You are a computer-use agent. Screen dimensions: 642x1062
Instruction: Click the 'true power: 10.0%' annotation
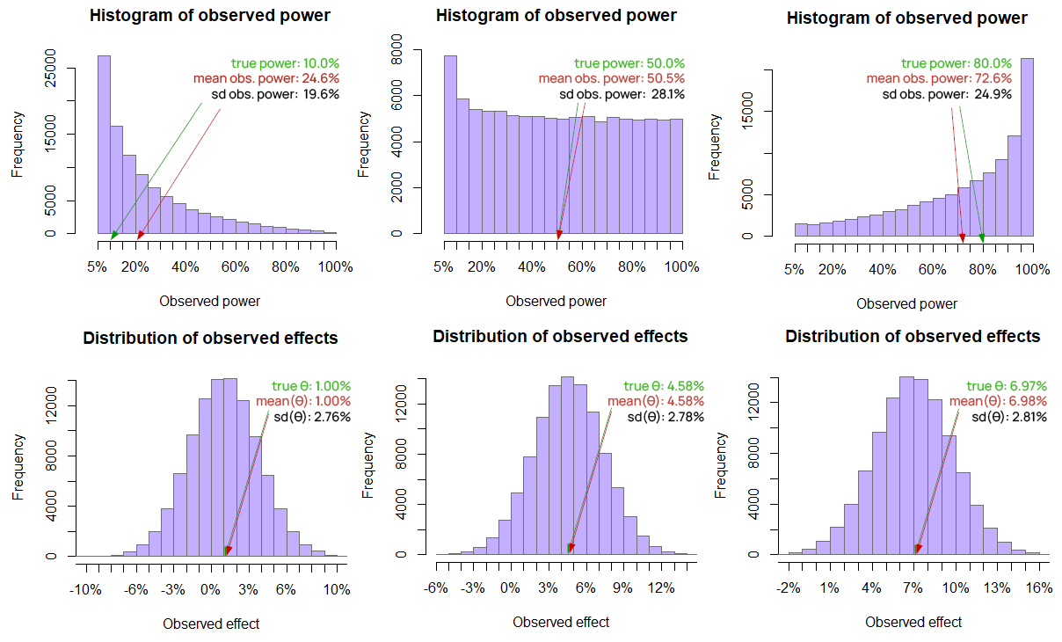click(285, 63)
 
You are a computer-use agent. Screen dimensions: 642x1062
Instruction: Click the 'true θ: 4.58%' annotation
click(664, 386)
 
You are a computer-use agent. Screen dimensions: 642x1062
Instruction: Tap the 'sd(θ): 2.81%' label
click(1009, 417)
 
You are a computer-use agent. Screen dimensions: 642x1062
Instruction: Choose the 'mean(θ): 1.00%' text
click(303, 402)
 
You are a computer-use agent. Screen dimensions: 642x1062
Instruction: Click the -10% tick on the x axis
click(85, 590)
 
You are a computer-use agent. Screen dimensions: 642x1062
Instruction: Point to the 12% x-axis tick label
click(661, 588)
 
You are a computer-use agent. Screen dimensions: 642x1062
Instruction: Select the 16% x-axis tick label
click(1038, 588)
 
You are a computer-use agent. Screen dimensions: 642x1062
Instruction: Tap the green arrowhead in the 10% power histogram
click(114, 235)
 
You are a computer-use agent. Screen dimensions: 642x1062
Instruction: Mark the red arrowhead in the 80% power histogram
click(963, 237)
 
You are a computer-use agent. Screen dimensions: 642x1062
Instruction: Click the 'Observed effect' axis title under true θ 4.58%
click(561, 622)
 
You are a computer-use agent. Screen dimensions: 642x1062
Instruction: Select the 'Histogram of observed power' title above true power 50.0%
click(556, 16)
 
